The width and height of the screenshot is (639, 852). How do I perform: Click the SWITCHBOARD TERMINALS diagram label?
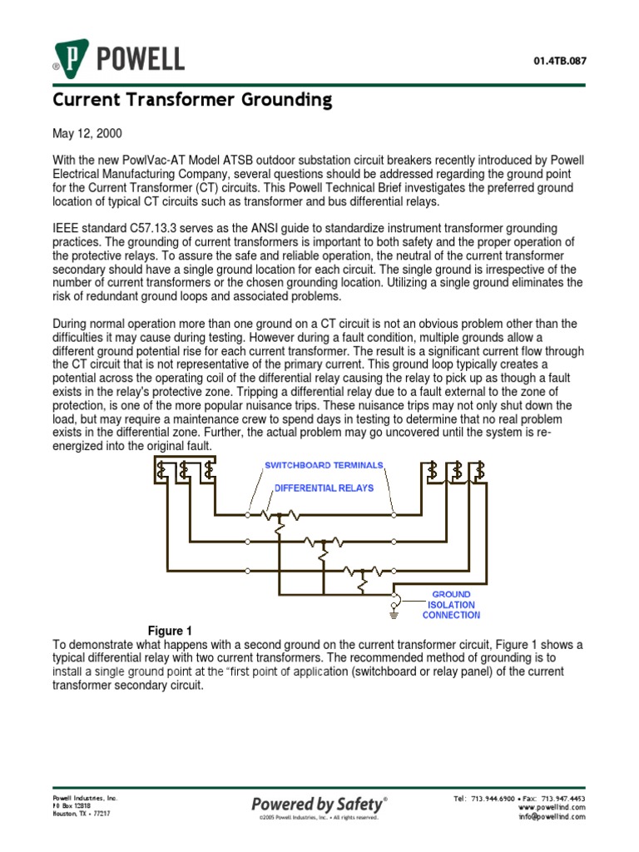[324, 464]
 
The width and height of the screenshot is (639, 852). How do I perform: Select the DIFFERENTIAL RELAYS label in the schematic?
[319, 488]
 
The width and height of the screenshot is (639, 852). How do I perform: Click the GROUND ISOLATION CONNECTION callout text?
[451, 605]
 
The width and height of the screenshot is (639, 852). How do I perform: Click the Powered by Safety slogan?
[319, 804]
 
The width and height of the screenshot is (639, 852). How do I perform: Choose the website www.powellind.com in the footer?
[552, 807]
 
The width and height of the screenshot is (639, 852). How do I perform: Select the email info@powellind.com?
[552, 816]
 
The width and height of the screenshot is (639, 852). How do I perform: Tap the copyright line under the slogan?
[319, 818]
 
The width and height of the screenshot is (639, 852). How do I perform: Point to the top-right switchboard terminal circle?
[394, 515]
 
